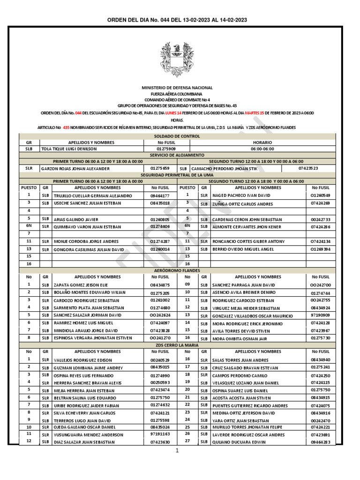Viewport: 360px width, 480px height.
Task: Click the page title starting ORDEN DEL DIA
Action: [178, 20]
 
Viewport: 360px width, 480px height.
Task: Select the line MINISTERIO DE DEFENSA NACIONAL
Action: [177, 88]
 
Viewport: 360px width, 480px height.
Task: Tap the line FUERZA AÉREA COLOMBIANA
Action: [177, 94]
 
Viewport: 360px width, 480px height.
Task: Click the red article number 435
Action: [66, 127]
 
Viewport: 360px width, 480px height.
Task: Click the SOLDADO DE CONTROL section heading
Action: [177, 136]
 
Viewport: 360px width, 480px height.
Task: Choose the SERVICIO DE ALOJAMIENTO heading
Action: [177, 154]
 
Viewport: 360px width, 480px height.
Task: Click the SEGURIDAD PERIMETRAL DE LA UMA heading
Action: [177, 174]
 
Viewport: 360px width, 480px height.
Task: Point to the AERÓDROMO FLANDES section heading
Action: [177, 270]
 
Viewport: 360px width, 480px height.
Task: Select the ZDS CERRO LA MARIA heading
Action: [177, 345]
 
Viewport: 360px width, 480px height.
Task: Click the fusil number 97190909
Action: [321, 315]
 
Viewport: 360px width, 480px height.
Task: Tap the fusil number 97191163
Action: [160, 435]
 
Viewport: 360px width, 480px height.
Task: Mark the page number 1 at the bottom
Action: [178, 450]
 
